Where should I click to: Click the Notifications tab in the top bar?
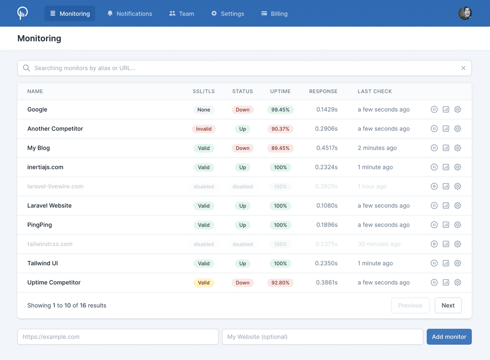coord(130,14)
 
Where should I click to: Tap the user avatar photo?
coord(465,13)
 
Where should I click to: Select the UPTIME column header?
coord(280,91)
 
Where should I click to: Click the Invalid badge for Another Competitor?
coord(204,129)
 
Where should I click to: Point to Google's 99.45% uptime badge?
coord(280,110)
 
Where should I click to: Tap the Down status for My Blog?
coord(242,148)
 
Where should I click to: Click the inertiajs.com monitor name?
coord(45,167)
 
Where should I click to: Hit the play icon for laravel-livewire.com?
coord(434,186)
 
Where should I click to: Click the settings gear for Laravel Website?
coord(458,206)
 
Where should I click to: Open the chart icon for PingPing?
coord(446,225)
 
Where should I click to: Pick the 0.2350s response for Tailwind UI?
coord(327,263)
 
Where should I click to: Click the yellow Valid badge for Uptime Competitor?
coord(204,283)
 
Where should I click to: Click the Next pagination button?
coord(448,305)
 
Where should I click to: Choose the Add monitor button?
coord(449,337)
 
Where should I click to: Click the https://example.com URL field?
coord(118,337)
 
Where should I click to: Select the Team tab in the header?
coord(182,14)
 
